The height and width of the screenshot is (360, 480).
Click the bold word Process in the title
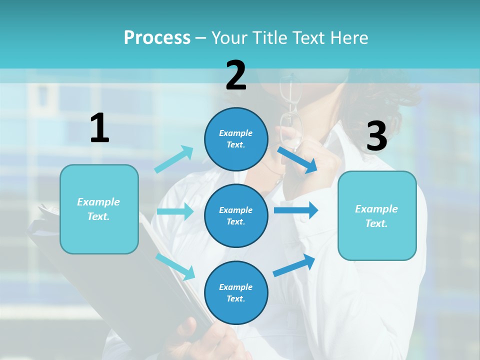[x=157, y=38]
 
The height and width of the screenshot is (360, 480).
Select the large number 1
[x=99, y=128]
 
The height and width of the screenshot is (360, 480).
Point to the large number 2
[x=236, y=75]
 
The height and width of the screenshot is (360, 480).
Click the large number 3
[x=376, y=136]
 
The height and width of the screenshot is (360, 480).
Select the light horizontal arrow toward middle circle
[x=175, y=211]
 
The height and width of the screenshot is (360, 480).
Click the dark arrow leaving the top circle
[x=297, y=159]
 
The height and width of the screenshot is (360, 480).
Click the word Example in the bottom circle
[x=236, y=287]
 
